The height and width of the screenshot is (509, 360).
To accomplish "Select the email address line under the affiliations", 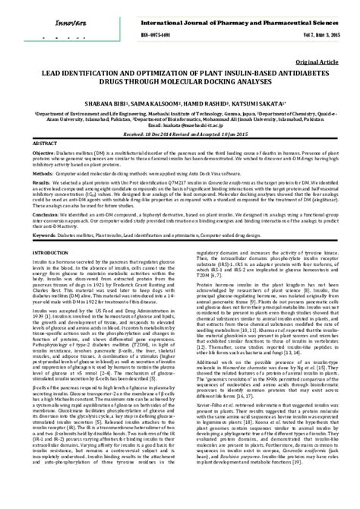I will coord(180,127).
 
